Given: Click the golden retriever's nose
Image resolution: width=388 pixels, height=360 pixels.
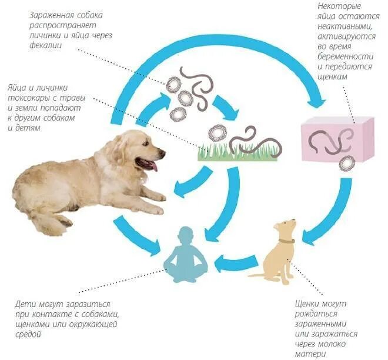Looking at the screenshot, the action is (162, 154).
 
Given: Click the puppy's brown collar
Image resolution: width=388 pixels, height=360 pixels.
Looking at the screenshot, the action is (286, 240).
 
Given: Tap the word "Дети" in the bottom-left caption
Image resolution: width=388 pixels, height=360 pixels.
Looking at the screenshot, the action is (24, 304).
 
